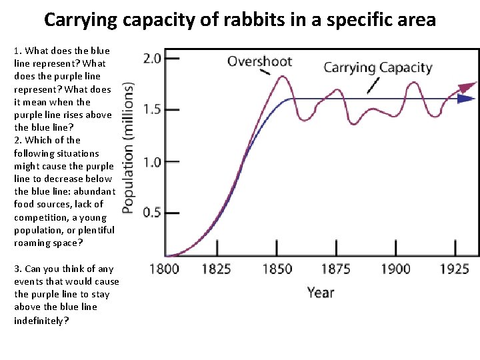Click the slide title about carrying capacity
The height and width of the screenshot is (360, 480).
click(240, 19)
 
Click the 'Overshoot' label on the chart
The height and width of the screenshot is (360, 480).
click(260, 61)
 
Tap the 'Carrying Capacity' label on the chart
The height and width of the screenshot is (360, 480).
click(378, 67)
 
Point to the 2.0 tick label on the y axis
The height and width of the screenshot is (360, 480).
click(152, 58)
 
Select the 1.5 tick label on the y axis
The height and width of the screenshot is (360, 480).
click(152, 109)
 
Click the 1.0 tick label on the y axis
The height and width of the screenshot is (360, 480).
click(152, 161)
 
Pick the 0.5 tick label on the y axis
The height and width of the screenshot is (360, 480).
click(152, 213)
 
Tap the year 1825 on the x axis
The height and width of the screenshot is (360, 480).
click(215, 269)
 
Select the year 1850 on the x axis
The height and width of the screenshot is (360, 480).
click(276, 269)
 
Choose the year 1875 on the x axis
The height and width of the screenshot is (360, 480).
click(335, 269)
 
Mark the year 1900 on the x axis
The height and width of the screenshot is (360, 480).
click(395, 269)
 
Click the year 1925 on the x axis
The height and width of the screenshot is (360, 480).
click(455, 269)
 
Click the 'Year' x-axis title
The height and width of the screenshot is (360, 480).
click(321, 292)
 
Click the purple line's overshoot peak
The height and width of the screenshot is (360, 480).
click(282, 76)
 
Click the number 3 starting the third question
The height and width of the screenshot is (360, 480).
click(17, 269)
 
